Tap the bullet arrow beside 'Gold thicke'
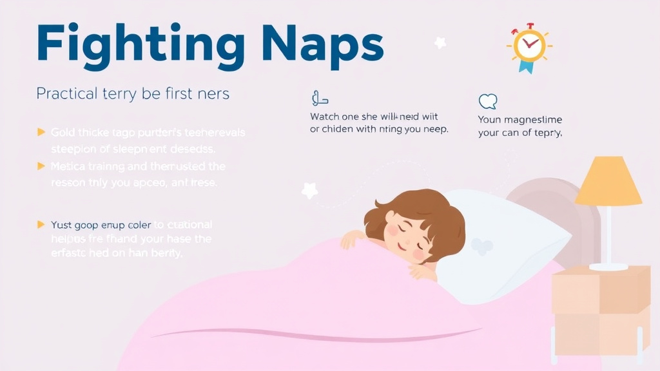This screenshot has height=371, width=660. (41, 133)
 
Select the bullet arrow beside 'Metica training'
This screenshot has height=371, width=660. (41, 166)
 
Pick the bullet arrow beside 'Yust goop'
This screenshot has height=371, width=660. (41, 225)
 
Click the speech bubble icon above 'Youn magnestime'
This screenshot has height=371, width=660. (488, 101)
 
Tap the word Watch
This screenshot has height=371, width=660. (327, 117)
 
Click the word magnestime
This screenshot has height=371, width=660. (533, 120)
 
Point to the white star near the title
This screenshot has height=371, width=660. (440, 43)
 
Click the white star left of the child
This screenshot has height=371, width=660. (309, 190)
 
